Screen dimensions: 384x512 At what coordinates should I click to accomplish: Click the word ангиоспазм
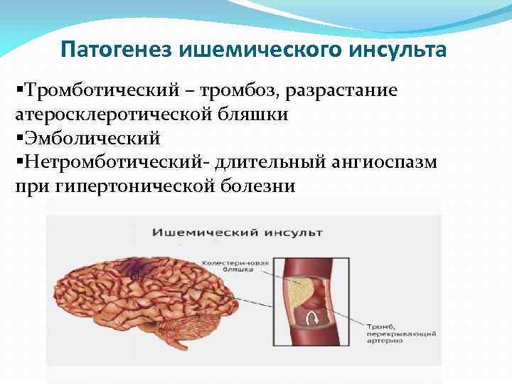388,161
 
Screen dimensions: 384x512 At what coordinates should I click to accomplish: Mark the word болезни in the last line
258,185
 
